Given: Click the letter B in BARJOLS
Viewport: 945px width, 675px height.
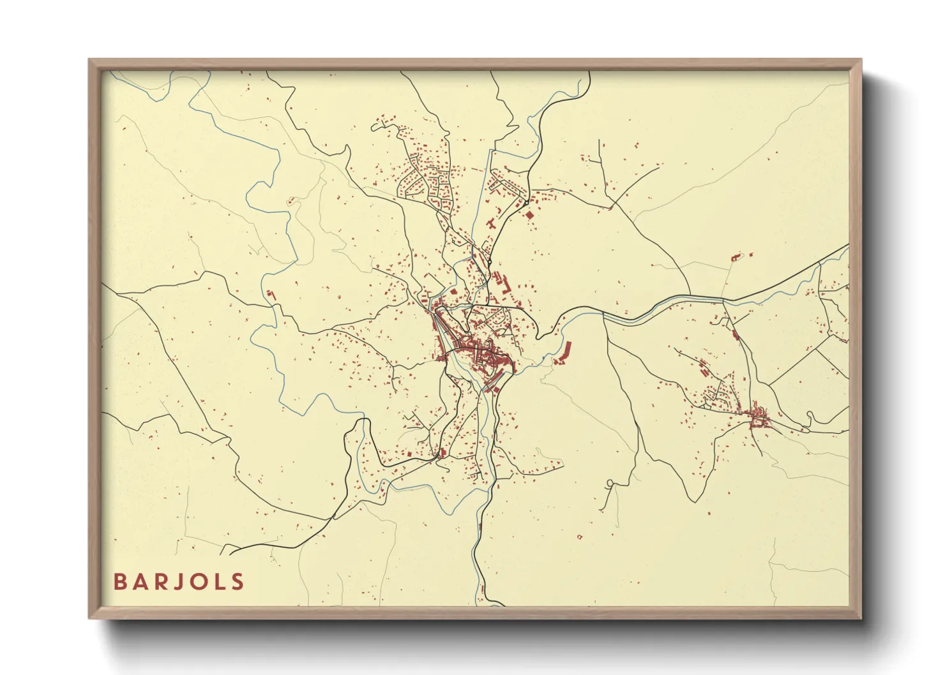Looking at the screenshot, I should pyautogui.click(x=120, y=582).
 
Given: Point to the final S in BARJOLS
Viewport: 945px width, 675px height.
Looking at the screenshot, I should pyautogui.click(x=238, y=582).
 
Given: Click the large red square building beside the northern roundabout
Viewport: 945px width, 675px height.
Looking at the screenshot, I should pyautogui.click(x=529, y=215).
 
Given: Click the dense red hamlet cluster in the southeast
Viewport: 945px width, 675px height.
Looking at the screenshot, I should pyautogui.click(x=759, y=419).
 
